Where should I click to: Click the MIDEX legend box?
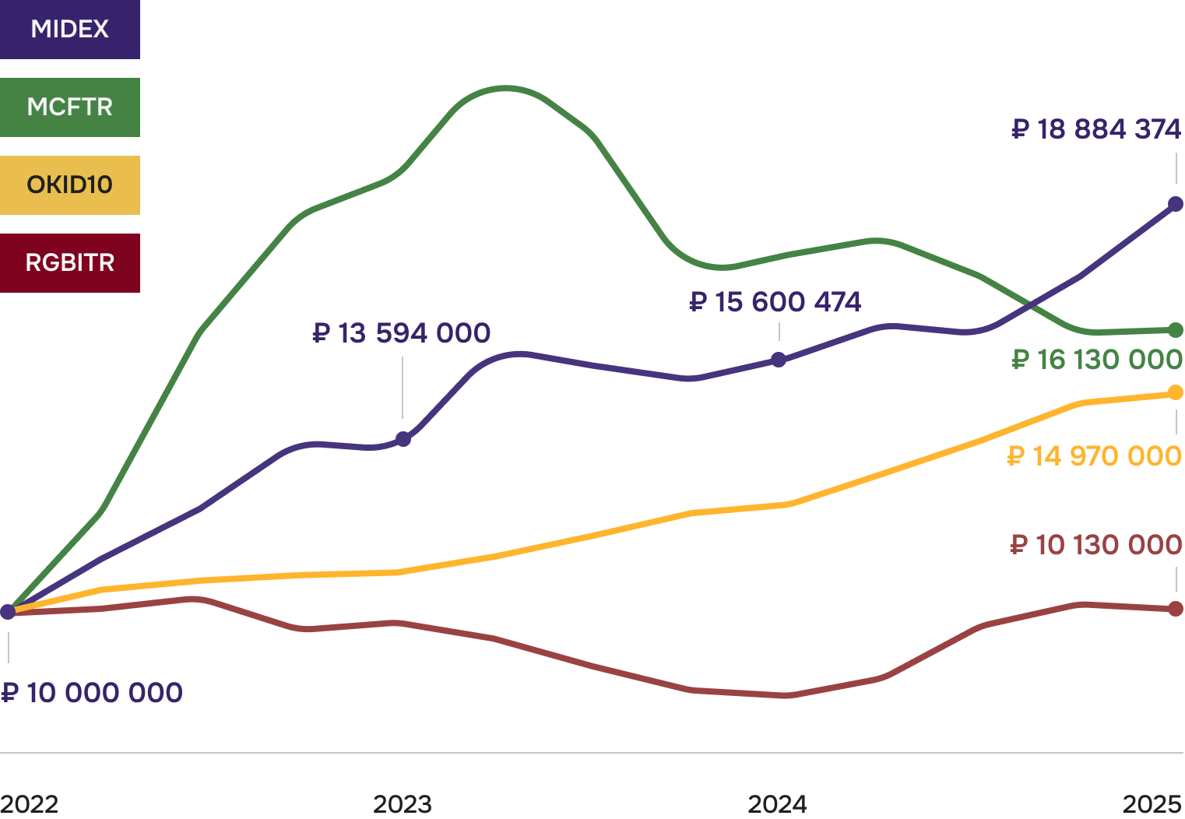click(70, 30)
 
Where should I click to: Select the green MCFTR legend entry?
click(70, 107)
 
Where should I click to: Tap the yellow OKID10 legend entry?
click(70, 185)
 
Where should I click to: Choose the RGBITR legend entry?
click(70, 263)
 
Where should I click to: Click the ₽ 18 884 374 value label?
click(1096, 129)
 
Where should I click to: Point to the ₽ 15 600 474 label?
click(775, 302)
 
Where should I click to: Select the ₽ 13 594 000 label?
click(402, 333)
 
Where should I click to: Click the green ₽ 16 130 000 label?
click(1097, 360)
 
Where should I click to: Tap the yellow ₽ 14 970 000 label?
click(1095, 455)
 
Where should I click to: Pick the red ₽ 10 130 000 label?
click(1096, 545)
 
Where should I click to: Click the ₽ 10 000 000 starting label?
click(92, 693)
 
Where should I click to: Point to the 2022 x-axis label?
click(30, 804)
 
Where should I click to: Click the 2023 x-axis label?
click(403, 804)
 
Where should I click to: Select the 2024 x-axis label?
click(778, 804)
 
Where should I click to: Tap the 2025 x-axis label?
click(1153, 804)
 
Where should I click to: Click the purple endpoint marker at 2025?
click(1176, 204)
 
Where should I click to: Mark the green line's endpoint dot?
click(1176, 330)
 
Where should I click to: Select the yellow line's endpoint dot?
click(1176, 393)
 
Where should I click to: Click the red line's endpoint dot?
click(1176, 608)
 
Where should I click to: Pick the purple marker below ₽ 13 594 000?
click(403, 439)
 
